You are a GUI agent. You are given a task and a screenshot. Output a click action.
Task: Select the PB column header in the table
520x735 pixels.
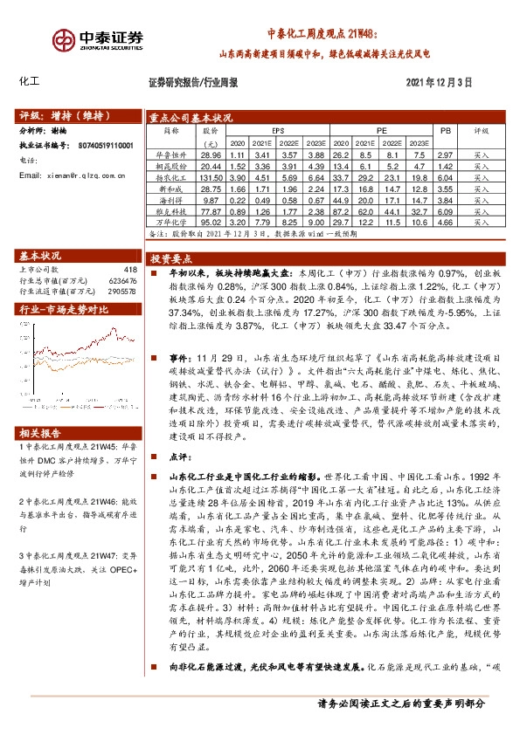click(445, 129)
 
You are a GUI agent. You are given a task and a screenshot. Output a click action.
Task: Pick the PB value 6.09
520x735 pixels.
click(444, 210)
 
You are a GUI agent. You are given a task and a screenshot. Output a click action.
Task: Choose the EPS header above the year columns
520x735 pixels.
click(278, 129)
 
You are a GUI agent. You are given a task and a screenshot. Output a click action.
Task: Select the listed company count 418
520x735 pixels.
click(131, 270)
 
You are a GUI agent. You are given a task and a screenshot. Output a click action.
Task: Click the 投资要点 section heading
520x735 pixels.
click(170, 259)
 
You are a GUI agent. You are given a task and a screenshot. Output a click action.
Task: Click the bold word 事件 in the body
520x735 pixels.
click(179, 358)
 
